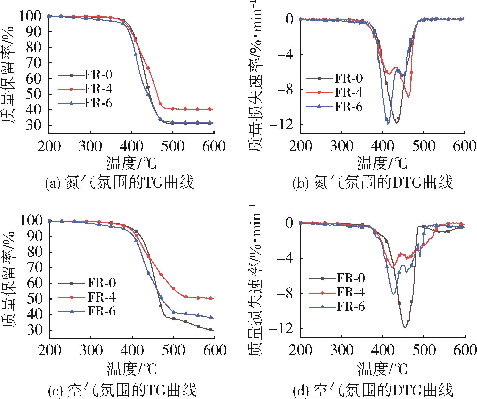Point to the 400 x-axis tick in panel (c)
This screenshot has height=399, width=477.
[x=132, y=351]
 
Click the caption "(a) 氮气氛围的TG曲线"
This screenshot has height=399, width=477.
[x=120, y=183]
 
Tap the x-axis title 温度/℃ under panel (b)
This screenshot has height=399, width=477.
[x=382, y=163]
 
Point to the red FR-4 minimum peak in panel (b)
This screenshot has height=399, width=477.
[x=408, y=97]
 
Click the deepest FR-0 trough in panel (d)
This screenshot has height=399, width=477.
[x=405, y=328]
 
